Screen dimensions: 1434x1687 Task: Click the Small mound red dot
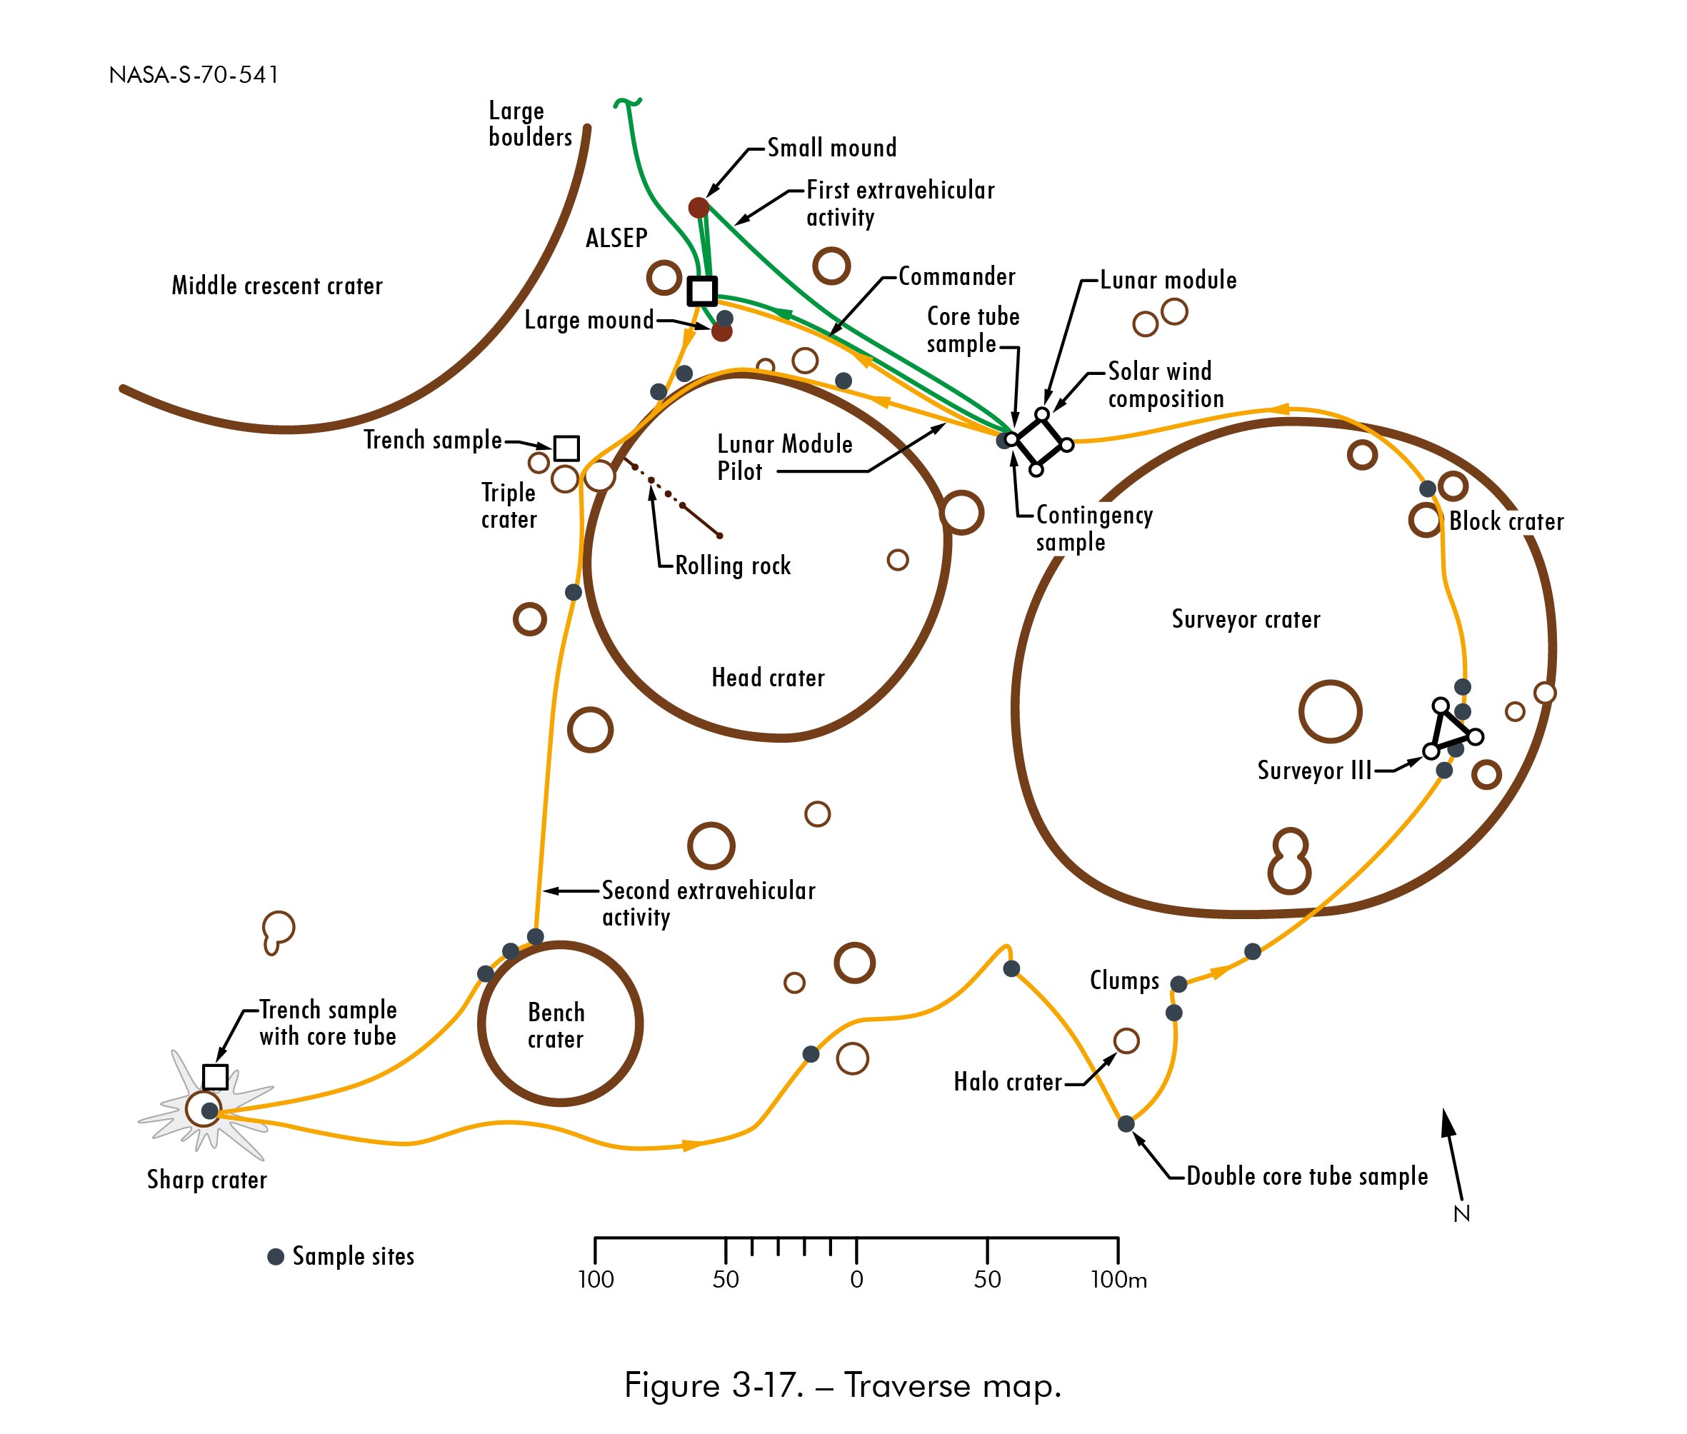(699, 207)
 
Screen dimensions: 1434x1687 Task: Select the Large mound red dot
(721, 331)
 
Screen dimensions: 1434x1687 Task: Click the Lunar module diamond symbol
(1039, 442)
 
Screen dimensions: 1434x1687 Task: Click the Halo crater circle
(1126, 1041)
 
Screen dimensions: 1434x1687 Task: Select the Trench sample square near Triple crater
(566, 448)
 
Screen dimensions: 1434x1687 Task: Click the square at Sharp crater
(215, 1076)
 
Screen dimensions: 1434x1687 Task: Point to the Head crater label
(768, 677)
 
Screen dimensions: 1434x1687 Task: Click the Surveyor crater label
(1246, 619)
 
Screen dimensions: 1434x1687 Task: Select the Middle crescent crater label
(276, 286)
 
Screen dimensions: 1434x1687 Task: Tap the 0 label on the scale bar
(856, 1280)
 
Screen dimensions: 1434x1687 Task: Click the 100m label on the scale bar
(1118, 1280)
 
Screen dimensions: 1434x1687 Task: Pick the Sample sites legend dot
(276, 1256)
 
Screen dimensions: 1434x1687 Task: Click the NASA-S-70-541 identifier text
(194, 75)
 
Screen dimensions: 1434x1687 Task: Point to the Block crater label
(1506, 522)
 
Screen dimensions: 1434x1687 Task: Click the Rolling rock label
(733, 566)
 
